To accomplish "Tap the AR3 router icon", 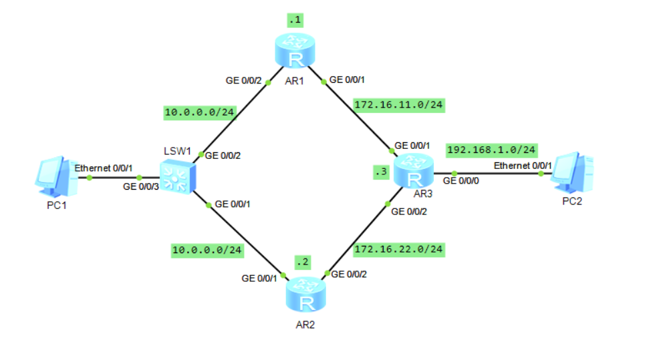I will tap(414, 172).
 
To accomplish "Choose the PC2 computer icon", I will tap(572, 173).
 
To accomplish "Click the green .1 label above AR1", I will tap(295, 20).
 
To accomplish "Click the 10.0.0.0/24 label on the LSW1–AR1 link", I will tap(200, 112).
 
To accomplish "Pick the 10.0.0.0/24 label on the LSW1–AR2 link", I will tap(207, 250).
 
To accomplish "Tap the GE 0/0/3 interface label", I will tap(140, 188).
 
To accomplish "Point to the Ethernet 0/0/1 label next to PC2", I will tap(522, 165).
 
